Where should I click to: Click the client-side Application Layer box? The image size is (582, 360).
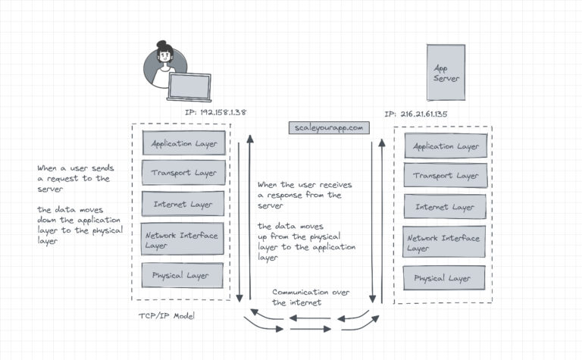(x=184, y=142)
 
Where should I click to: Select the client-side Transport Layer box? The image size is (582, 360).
(x=184, y=173)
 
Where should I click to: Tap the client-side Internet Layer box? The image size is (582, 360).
(x=184, y=204)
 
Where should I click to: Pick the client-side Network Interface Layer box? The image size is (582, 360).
(x=184, y=239)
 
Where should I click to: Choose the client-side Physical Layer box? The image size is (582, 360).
(x=184, y=275)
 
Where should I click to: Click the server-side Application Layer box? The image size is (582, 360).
(x=445, y=146)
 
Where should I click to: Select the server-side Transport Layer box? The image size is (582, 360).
(x=445, y=175)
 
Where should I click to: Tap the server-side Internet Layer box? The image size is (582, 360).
(x=445, y=206)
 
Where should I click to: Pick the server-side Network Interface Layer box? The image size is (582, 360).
(x=445, y=243)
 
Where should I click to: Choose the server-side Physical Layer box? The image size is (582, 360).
(x=445, y=277)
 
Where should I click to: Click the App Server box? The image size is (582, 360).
(x=446, y=74)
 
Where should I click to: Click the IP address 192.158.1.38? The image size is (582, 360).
(x=215, y=112)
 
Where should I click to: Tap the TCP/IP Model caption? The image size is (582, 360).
(x=166, y=315)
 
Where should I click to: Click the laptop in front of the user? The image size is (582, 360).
(x=189, y=87)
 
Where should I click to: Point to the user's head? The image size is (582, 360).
(x=164, y=55)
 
